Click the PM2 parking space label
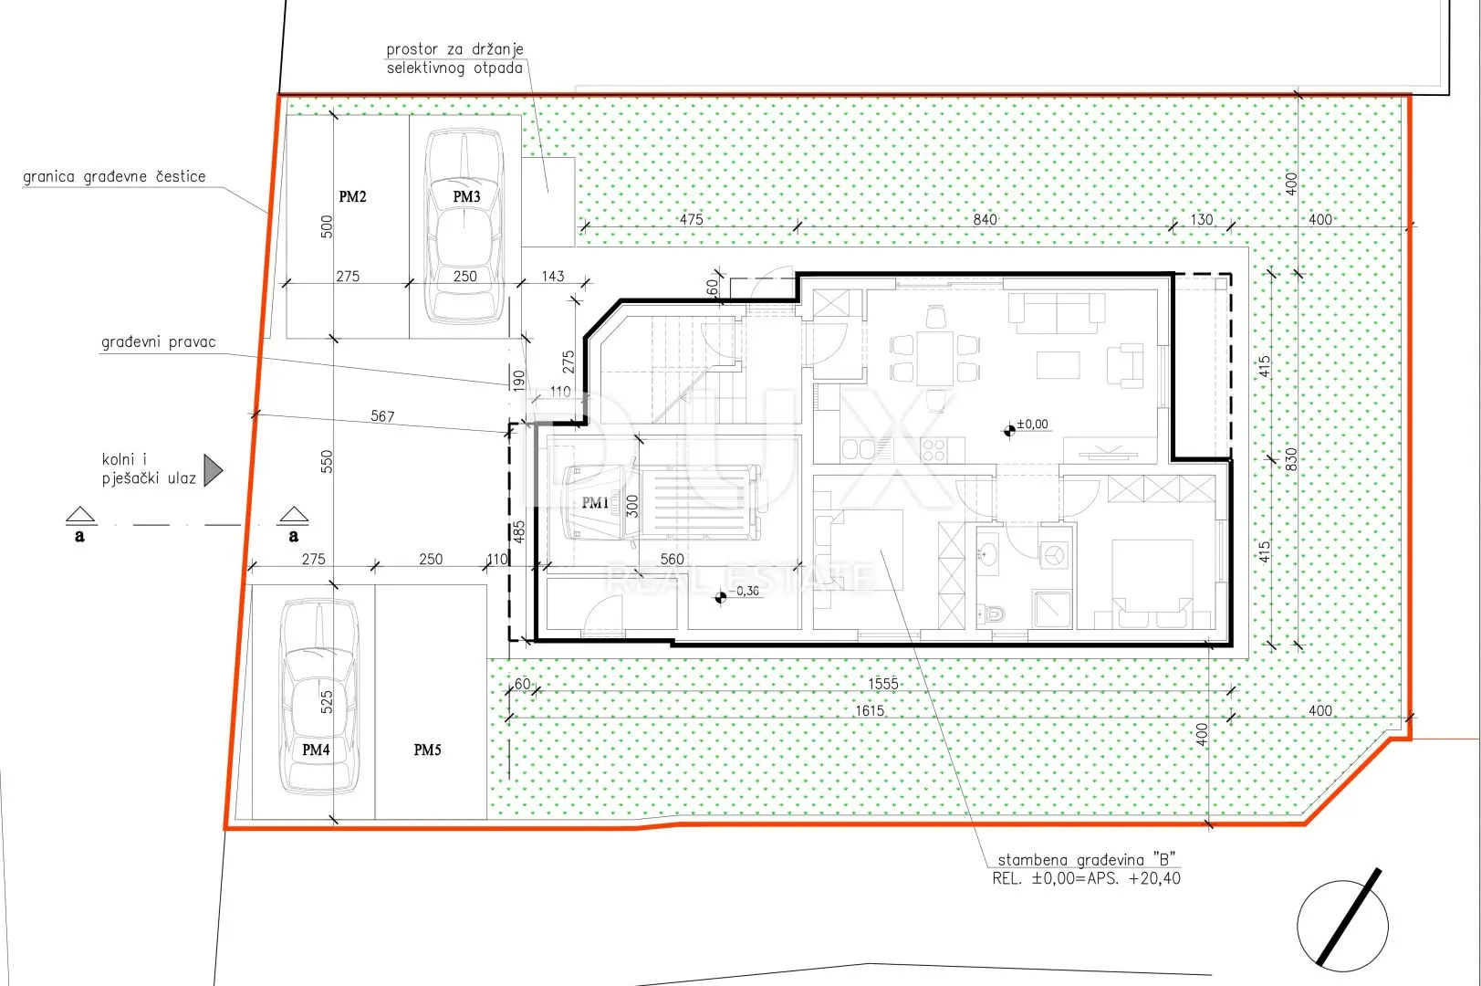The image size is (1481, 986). coord(352,196)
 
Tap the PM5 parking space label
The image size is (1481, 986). coord(427,750)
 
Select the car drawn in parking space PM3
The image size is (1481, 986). coord(464,226)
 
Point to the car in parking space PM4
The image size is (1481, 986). coord(319,697)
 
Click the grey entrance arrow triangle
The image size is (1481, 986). coord(213,470)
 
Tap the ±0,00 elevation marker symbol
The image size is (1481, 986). coord(1009,431)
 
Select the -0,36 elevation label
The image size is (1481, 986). coord(744,591)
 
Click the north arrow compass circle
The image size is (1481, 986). coord(1342,926)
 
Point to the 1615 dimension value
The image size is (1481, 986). coord(870,711)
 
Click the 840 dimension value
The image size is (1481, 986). coord(985,219)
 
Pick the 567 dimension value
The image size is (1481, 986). coord(383,416)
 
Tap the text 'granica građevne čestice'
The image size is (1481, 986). coord(114,176)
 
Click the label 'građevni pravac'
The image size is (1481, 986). coord(159,341)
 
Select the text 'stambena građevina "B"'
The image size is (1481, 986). coord(1086,860)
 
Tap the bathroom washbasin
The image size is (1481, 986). coord(987,553)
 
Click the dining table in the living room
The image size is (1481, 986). coord(935,359)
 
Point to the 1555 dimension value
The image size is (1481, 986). coord(883,684)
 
